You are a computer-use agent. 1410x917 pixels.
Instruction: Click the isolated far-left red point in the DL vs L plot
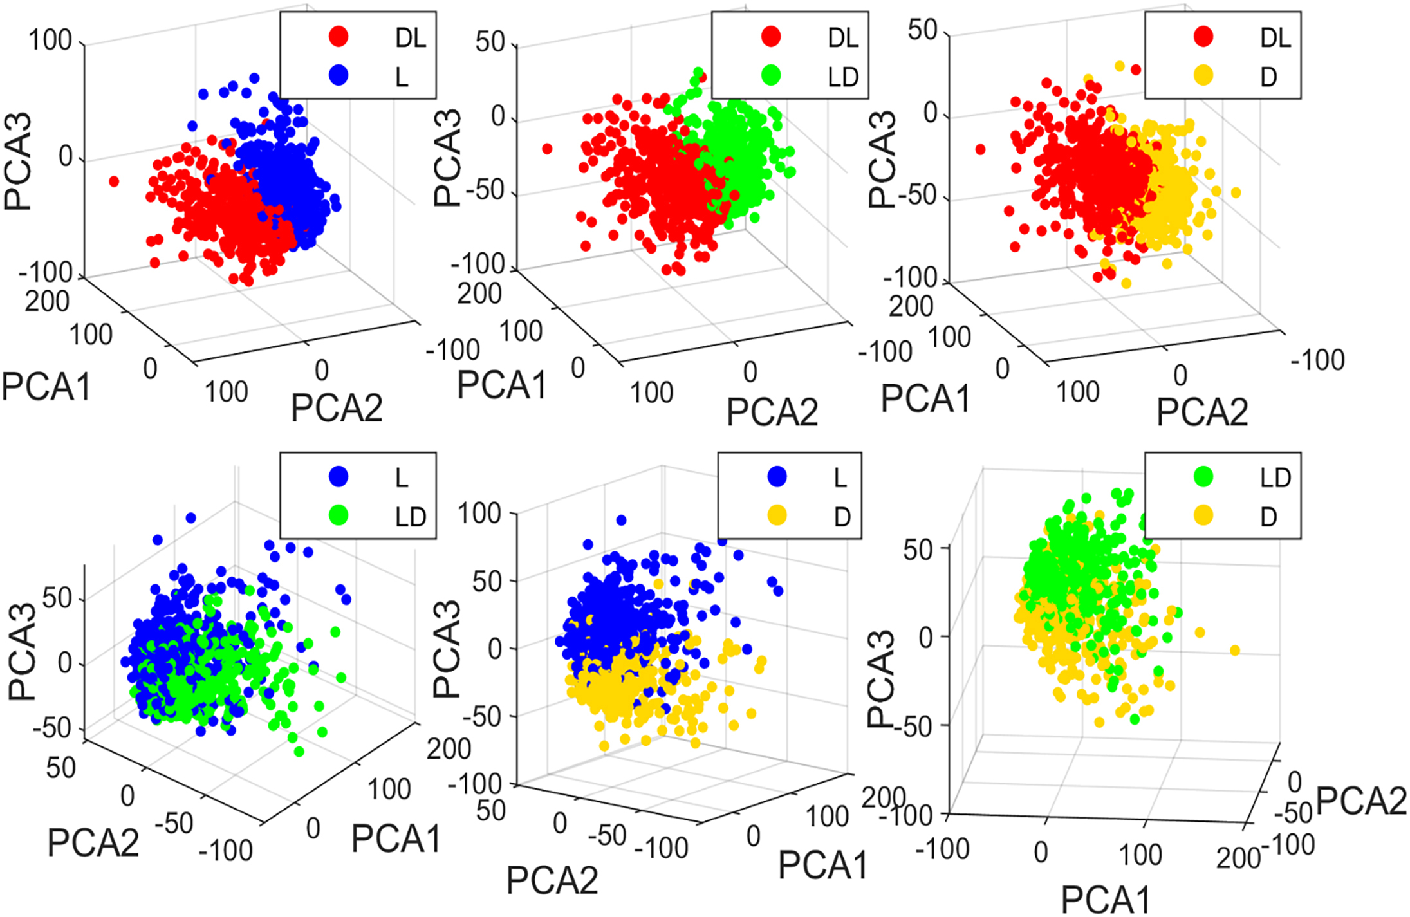(x=114, y=181)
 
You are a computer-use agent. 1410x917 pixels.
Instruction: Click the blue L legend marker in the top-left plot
(x=339, y=75)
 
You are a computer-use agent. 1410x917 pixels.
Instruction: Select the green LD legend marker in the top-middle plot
(x=770, y=75)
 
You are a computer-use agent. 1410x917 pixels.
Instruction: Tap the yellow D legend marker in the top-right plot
(x=1203, y=75)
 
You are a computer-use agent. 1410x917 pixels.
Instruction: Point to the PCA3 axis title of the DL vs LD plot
(x=448, y=158)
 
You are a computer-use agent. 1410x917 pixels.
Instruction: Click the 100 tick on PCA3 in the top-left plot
(x=50, y=41)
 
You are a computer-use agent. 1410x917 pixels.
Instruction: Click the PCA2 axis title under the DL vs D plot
(x=1201, y=412)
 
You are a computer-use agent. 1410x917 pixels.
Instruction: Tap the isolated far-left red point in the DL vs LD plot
(x=547, y=149)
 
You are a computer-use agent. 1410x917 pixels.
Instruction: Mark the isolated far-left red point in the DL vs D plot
(x=980, y=149)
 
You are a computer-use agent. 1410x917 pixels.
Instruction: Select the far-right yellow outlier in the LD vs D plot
(x=1234, y=651)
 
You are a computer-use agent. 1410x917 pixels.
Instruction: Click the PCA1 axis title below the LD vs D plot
(x=1104, y=899)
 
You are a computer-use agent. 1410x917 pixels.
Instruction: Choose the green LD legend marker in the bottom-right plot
(x=1203, y=477)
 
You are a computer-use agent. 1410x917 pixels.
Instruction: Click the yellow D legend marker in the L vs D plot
(x=777, y=515)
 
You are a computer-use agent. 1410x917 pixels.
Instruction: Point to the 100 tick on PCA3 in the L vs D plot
(x=479, y=514)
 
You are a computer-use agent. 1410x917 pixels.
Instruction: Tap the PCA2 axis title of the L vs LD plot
(x=93, y=842)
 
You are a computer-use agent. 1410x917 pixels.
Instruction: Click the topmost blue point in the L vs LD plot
(x=190, y=517)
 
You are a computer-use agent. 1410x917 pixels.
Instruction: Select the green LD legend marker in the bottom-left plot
(x=339, y=515)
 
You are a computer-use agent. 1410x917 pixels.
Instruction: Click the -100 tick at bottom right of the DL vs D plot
(x=1317, y=360)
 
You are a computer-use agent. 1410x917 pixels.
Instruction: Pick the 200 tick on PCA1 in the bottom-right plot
(x=1237, y=858)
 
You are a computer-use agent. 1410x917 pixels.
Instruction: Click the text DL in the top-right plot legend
(x=1275, y=38)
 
